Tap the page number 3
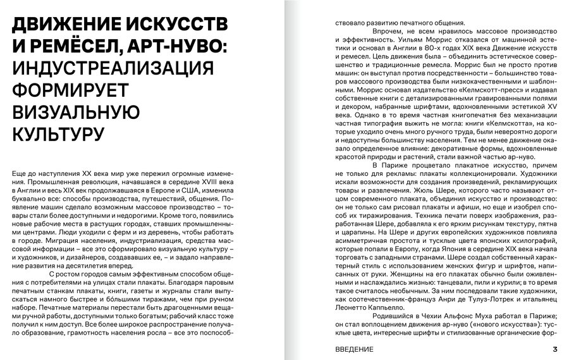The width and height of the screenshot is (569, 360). coord(554,349)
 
